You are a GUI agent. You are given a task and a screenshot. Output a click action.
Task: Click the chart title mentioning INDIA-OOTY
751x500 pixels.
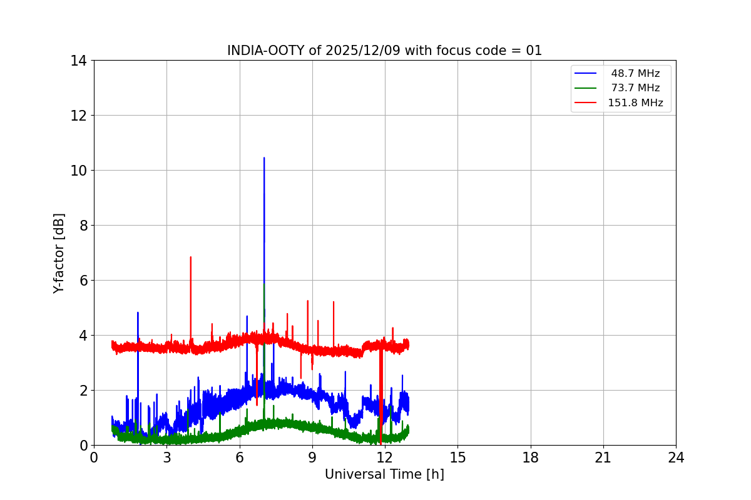pyautogui.click(x=384, y=51)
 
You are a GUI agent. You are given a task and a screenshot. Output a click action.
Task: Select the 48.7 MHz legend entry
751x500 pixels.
pyautogui.click(x=635, y=73)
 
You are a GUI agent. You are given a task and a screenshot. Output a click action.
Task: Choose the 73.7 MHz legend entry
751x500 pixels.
pyautogui.click(x=635, y=88)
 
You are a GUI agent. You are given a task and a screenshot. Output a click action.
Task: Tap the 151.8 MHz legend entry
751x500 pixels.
pyautogui.click(x=635, y=102)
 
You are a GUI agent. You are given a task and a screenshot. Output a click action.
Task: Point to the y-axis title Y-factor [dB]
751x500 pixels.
pyautogui.click(x=59, y=253)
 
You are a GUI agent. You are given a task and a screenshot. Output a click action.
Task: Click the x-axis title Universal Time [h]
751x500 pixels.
pyautogui.click(x=384, y=474)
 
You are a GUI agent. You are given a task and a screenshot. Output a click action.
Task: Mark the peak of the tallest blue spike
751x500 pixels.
pyautogui.click(x=264, y=158)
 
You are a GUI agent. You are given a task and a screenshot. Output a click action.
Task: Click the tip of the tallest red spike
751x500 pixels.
pyautogui.click(x=191, y=257)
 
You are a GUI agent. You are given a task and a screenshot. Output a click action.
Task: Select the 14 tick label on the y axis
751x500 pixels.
pyautogui.click(x=78, y=61)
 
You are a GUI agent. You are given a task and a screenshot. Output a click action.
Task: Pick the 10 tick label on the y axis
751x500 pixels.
pyautogui.click(x=78, y=171)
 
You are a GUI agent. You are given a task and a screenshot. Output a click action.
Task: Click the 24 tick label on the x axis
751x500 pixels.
pyautogui.click(x=676, y=457)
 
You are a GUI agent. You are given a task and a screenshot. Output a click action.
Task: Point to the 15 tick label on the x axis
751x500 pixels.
pyautogui.click(x=457, y=457)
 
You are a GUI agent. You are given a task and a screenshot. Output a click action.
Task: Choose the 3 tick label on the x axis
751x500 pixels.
pyautogui.click(x=166, y=457)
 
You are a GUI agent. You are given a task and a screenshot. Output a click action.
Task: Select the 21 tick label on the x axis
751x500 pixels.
pyautogui.click(x=603, y=457)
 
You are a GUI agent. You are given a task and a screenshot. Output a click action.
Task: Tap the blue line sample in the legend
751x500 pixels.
pyautogui.click(x=586, y=73)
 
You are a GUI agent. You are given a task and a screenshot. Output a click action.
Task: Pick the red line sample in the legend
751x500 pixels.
pyautogui.click(x=586, y=102)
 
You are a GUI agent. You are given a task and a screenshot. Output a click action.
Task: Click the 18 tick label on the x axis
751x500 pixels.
pyautogui.click(x=531, y=457)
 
